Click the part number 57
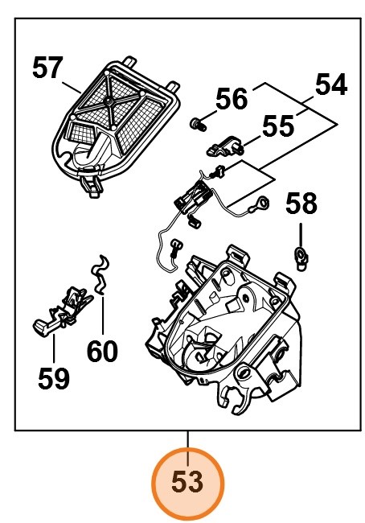[x=47, y=68]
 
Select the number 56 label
[x=232, y=99]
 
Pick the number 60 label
[x=102, y=351]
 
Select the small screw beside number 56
[x=195, y=123]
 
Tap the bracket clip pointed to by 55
[x=226, y=145]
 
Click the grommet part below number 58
[x=301, y=256]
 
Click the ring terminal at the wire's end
[x=261, y=206]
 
